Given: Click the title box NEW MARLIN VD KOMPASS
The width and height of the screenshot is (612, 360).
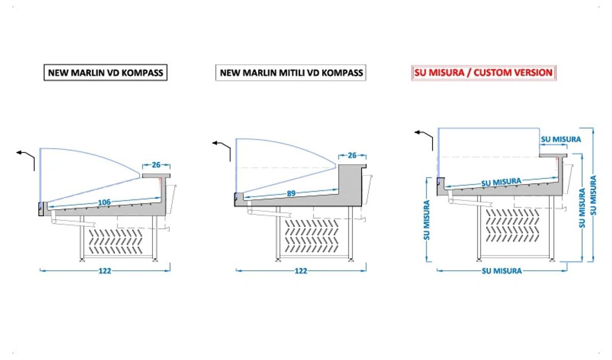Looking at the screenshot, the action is point(106,72).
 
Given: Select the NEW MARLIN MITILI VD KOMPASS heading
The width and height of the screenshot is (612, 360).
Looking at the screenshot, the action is point(291,72).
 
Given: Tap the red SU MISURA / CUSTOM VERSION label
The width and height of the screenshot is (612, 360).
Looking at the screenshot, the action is point(484,72).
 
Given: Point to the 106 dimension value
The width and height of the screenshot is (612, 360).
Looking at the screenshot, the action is point(104,202).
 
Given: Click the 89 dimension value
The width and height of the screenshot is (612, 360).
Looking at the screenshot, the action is point(291,193).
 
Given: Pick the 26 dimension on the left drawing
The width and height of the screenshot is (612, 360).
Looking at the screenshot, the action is point(156,165).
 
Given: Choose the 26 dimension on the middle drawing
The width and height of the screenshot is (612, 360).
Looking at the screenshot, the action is point(352,156).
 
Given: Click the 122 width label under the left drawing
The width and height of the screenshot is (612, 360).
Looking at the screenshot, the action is point(105,271).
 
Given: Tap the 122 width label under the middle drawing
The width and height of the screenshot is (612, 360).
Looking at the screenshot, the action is point(301,271).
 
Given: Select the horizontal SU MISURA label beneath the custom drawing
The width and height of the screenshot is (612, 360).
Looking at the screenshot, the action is point(502,271).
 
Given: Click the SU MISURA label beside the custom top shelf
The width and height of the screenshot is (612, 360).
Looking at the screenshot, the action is point(561,139).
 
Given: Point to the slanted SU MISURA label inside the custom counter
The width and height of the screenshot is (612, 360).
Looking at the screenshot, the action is point(501,182).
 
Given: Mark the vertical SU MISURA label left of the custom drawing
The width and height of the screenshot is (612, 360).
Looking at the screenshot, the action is point(427,220).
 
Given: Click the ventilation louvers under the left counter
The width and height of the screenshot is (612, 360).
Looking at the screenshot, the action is point(116,241).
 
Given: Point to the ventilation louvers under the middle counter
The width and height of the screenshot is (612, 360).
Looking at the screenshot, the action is point(312,236).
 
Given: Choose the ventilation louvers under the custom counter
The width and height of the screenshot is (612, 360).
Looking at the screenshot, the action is point(513,225).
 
